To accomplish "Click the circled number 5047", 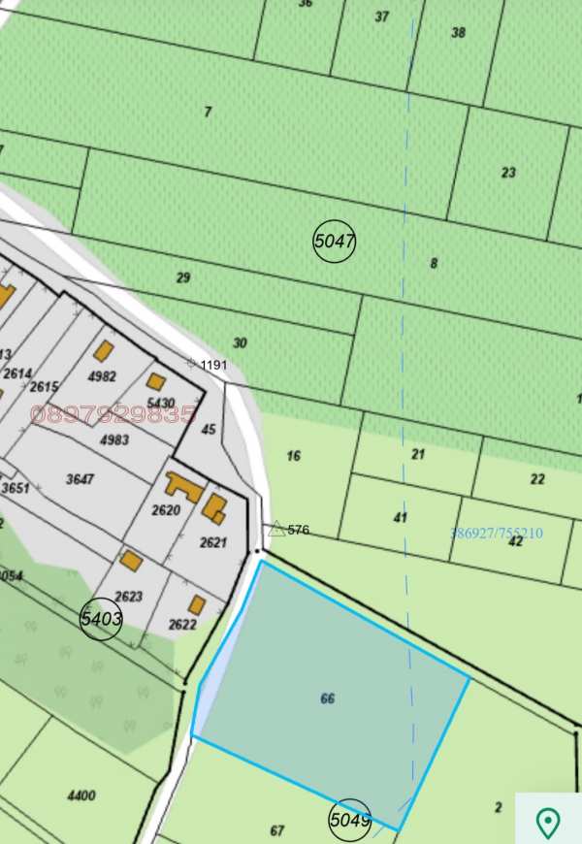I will click(335, 241).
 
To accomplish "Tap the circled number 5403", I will click(102, 617).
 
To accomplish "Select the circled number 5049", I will click(350, 820).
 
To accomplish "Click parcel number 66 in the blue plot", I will click(328, 698).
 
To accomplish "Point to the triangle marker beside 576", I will click(276, 530).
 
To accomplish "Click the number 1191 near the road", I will click(213, 365).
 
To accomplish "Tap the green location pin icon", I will click(548, 823).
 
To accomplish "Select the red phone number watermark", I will click(113, 415).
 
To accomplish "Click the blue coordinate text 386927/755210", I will click(497, 533).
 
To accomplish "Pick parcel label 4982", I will click(101, 376).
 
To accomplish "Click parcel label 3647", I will click(80, 478).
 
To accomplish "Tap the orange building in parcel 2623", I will click(131, 561).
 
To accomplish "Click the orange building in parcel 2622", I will click(197, 605).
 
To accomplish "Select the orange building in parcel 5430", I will click(156, 381).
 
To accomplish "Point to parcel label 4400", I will click(81, 795).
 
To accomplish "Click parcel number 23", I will click(508, 173).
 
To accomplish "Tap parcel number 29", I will click(183, 277).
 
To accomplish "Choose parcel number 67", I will click(277, 830).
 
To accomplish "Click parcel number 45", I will click(209, 429).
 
